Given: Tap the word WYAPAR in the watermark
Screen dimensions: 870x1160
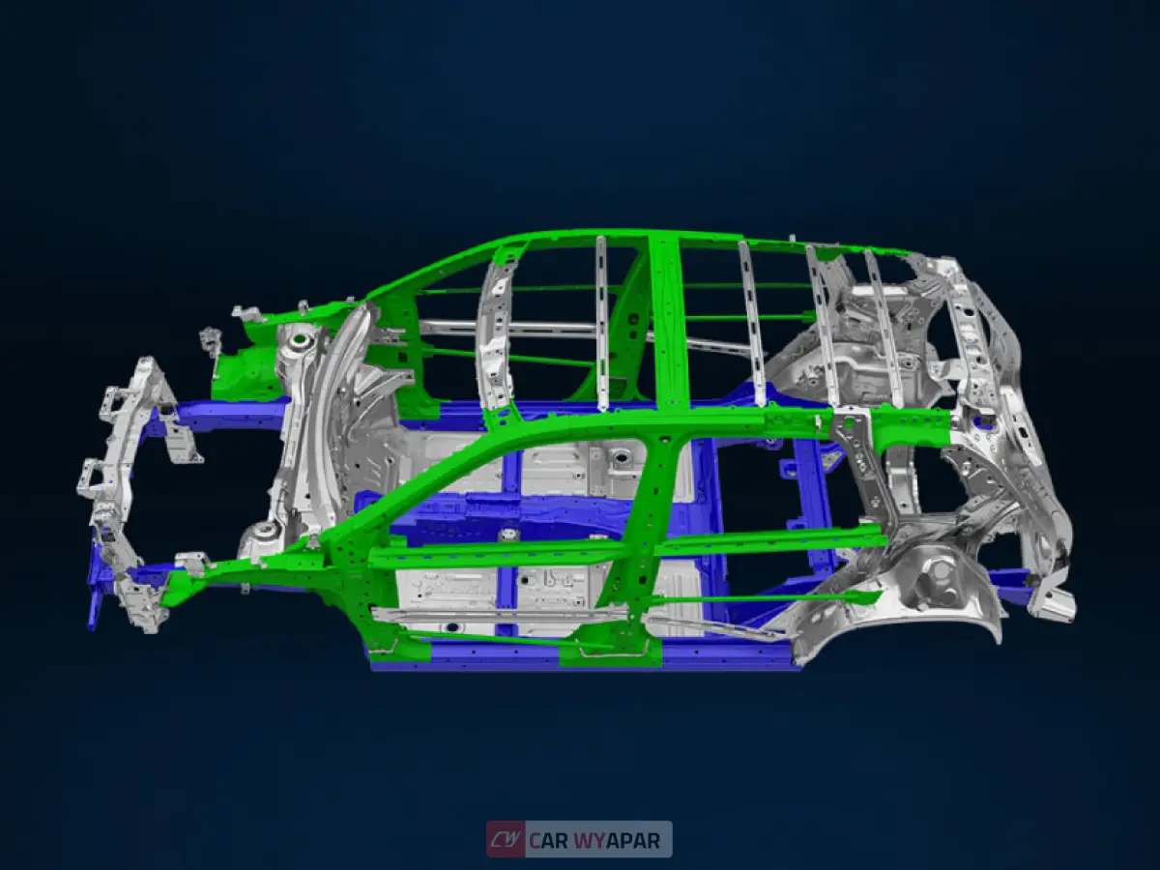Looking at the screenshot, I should tap(618, 840).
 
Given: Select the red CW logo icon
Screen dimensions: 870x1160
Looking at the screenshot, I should tap(506, 839).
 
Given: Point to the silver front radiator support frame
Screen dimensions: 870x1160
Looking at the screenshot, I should tap(121, 483).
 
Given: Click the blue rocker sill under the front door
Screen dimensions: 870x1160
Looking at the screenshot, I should tap(464, 657).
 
